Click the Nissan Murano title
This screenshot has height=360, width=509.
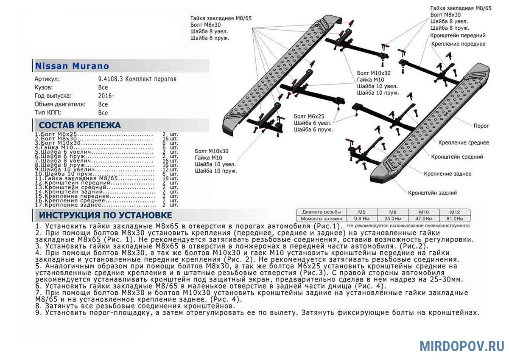click(x=72, y=66)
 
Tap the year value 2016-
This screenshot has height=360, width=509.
click(x=106, y=96)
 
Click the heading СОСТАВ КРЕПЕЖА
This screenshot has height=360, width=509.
click(x=80, y=125)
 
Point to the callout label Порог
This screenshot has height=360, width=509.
click(x=481, y=126)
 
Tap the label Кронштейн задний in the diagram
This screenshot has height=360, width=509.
click(x=433, y=193)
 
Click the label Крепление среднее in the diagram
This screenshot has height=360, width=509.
click(x=464, y=143)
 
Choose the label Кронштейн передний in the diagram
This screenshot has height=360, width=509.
click(x=458, y=36)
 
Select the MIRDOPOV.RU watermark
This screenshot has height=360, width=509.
click(x=461, y=346)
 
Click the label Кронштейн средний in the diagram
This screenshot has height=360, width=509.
click(x=457, y=157)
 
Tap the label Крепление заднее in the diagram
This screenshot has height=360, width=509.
click(x=447, y=174)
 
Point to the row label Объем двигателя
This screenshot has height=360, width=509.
click(x=60, y=104)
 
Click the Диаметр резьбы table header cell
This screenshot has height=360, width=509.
click(x=321, y=212)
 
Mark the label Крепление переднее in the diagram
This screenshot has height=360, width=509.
click(x=458, y=44)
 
